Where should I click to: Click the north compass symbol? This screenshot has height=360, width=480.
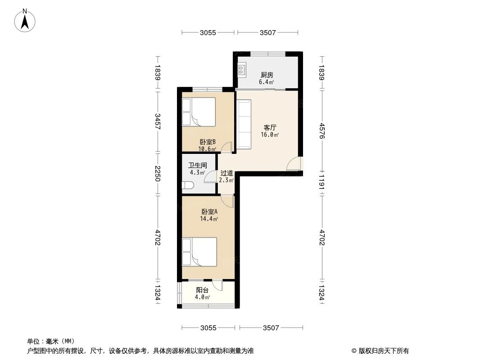pyautogui.click(x=26, y=21)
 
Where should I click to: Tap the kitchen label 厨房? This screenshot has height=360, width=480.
pyautogui.click(x=267, y=75)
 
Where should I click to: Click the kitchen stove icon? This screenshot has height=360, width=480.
pyautogui.click(x=242, y=69)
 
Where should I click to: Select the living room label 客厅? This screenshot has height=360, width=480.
pyautogui.click(x=270, y=127)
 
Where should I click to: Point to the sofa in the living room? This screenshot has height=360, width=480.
pyautogui.click(x=244, y=124)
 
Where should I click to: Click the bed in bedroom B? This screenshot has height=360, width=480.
pyautogui.click(x=199, y=112)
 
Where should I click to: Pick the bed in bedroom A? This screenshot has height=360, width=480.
pyautogui.click(x=199, y=252)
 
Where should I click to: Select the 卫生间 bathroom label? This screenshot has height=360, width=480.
pyautogui.click(x=197, y=165)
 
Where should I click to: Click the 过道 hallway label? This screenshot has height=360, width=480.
pyautogui.click(x=226, y=173)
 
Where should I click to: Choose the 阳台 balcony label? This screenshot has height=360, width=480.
pyautogui.click(x=202, y=290)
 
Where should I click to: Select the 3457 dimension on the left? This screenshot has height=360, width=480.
pyautogui.click(x=157, y=121)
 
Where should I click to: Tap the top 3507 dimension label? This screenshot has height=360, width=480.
pyautogui.click(x=267, y=32)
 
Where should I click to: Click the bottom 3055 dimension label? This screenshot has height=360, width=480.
pyautogui.click(x=208, y=328)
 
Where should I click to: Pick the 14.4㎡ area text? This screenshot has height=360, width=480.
pyautogui.click(x=209, y=219)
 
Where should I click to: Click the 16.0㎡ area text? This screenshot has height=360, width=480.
pyautogui.click(x=269, y=135)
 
